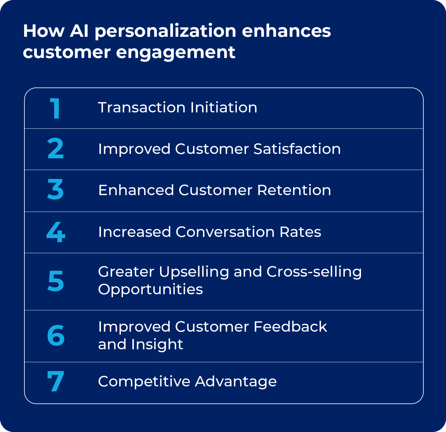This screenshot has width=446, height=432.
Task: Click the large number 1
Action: pyautogui.click(x=55, y=108)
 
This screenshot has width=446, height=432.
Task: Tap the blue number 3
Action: pyautogui.click(x=55, y=190)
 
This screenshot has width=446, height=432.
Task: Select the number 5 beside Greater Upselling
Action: pyautogui.click(x=56, y=281)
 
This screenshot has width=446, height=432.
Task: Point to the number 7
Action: pyautogui.click(x=56, y=381)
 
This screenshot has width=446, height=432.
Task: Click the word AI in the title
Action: pyautogui.click(x=79, y=31)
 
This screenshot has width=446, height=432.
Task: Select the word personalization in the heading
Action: pyautogui.click(x=165, y=31)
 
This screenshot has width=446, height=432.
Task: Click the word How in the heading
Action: pyautogui.click(x=44, y=31)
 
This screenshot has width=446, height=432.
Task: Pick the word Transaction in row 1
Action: pyautogui.click(x=142, y=107)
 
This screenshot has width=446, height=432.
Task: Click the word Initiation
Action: pyautogui.click(x=224, y=107)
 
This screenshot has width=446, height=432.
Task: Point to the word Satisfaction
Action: pyautogui.click(x=297, y=149)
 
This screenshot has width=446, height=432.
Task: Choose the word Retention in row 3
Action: pyautogui.click(x=294, y=190)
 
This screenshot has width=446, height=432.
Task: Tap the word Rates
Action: pyautogui.click(x=300, y=232)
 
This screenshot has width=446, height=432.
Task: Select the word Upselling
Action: pyautogui.click(x=194, y=272)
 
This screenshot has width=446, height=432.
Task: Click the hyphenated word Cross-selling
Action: pyautogui.click(x=314, y=272)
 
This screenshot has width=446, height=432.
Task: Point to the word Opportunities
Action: pyautogui.click(x=150, y=290)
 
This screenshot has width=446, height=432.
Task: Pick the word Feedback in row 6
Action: pyautogui.click(x=290, y=327)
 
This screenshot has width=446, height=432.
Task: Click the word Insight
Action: pyautogui.click(x=157, y=345)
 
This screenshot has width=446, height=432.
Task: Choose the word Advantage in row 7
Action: pyautogui.click(x=236, y=382)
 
